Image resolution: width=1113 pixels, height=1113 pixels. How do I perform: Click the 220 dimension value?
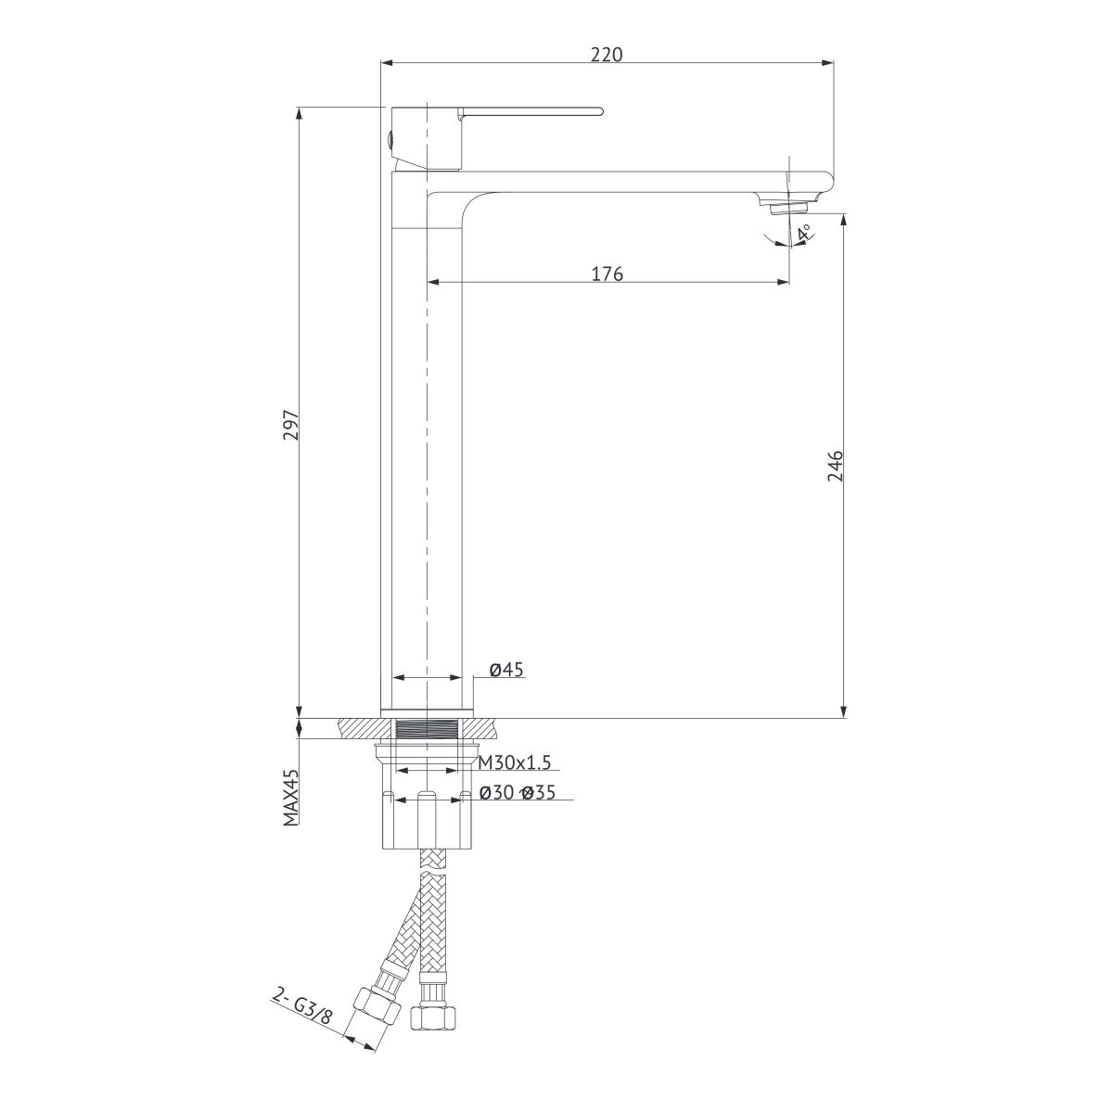607,55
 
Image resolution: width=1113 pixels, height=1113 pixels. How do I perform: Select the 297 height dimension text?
290,426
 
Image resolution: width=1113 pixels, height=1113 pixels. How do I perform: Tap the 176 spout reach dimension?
607,274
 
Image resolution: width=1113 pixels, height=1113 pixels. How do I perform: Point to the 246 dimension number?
835,467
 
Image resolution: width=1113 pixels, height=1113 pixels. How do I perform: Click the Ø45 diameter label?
506,670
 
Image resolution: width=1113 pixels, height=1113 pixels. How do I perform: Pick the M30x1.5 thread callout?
515,763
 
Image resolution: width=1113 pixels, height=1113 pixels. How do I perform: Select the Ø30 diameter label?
496,792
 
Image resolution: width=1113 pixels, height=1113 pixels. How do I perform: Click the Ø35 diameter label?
538,792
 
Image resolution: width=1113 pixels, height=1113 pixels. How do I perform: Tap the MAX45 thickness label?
291,797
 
